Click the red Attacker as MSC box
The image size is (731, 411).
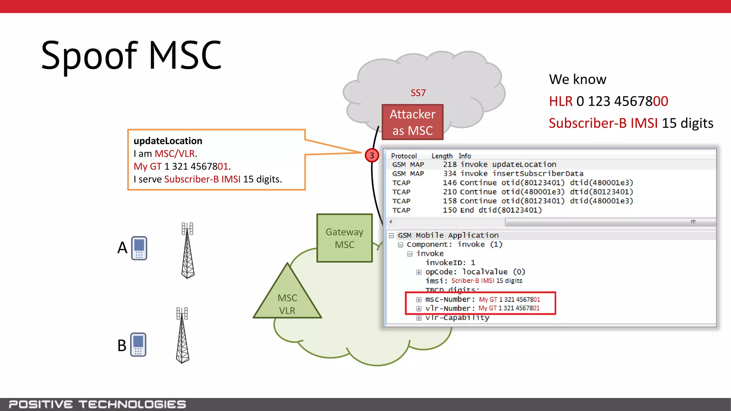click(x=412, y=122)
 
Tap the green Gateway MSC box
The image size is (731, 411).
click(x=344, y=238)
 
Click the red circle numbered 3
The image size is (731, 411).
click(x=372, y=156)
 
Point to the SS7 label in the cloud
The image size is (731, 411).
click(x=418, y=93)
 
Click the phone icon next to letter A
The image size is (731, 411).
click(x=139, y=248)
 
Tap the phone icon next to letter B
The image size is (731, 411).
click(x=138, y=345)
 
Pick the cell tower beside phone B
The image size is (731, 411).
click(x=182, y=335)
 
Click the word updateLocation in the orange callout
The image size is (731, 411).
click(x=168, y=141)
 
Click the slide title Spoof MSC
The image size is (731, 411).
click(x=131, y=55)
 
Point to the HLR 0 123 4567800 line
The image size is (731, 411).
click(x=608, y=101)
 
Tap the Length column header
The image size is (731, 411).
click(x=442, y=156)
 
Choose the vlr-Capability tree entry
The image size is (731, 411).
click(x=457, y=318)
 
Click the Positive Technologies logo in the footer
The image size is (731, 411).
click(x=97, y=404)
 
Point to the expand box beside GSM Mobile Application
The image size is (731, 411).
click(x=392, y=235)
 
